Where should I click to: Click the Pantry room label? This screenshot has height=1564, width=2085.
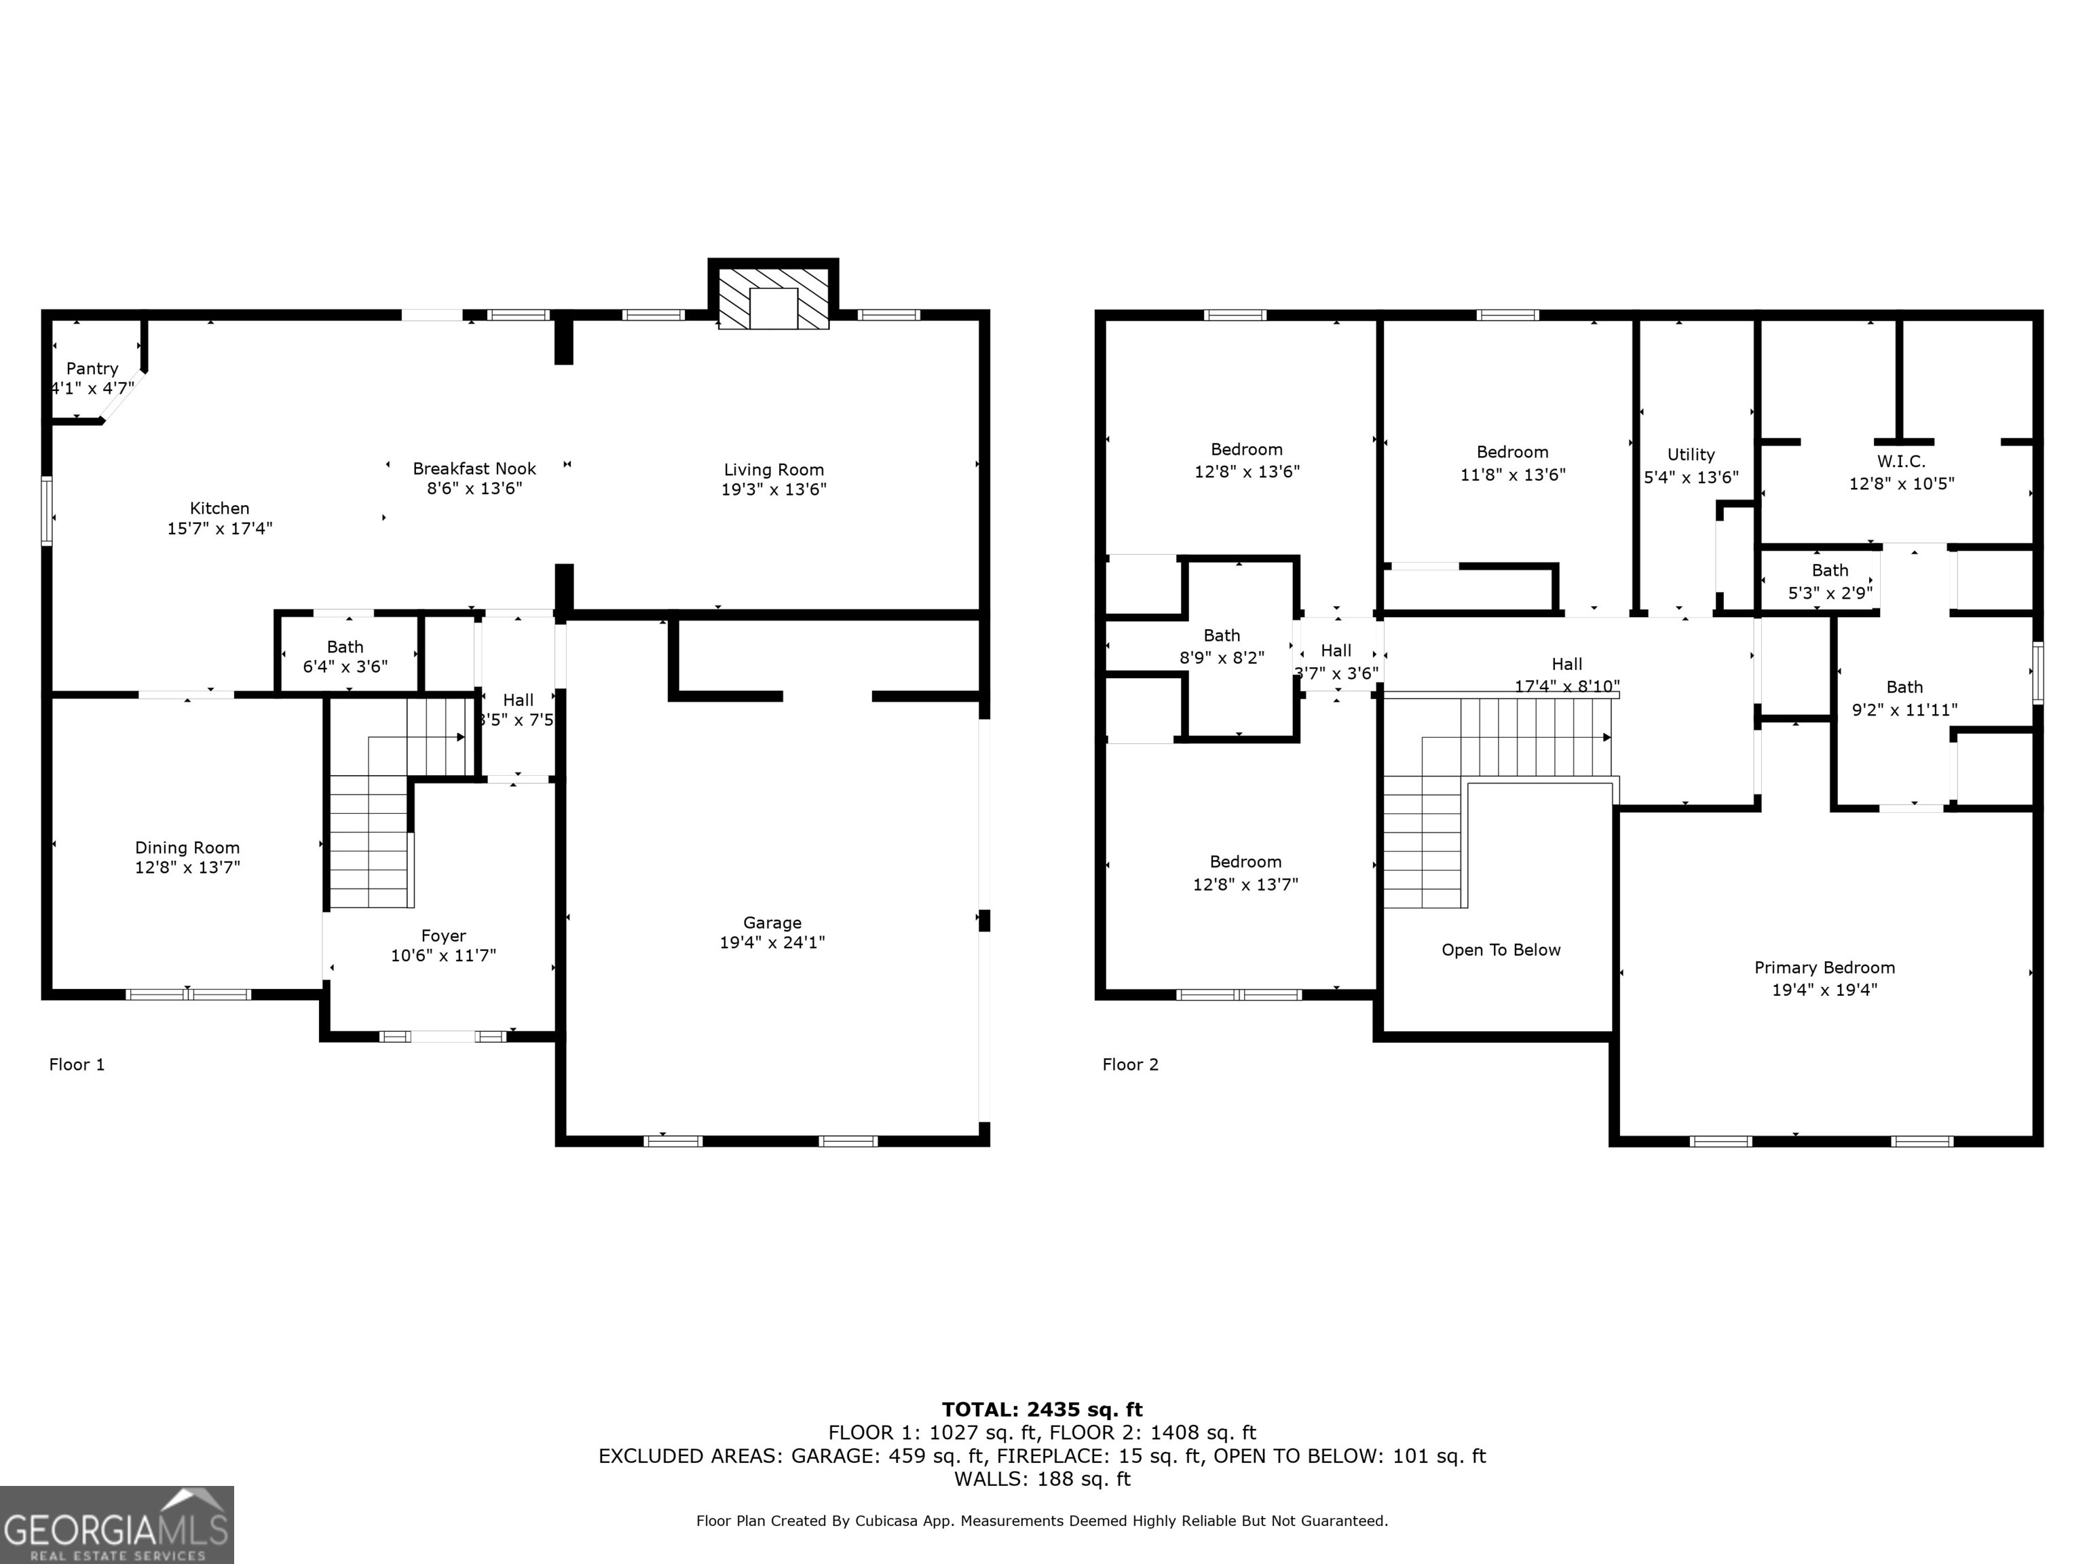pyautogui.click(x=92, y=369)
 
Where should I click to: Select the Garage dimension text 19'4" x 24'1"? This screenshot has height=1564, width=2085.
pyautogui.click(x=772, y=942)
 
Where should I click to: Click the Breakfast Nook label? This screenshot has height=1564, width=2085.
pyautogui.click(x=474, y=468)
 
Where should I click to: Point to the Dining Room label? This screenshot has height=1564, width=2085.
pyautogui.click(x=187, y=848)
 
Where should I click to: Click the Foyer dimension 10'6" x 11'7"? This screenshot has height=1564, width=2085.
pyautogui.click(x=443, y=955)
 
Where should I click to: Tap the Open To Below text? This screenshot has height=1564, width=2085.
pyautogui.click(x=1501, y=950)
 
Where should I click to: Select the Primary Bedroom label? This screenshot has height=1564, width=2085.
pyautogui.click(x=1824, y=967)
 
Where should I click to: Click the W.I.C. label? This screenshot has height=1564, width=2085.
pyautogui.click(x=1900, y=461)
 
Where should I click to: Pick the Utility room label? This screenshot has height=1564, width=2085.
pyautogui.click(x=1690, y=454)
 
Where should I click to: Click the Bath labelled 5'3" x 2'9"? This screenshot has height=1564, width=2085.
pyautogui.click(x=1830, y=582)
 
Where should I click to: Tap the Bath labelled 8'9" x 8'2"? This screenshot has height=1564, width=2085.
pyautogui.click(x=1222, y=646)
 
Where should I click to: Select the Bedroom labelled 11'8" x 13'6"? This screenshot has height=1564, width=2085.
pyautogui.click(x=1512, y=463)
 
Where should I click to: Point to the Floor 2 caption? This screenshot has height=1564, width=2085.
pyautogui.click(x=1130, y=1064)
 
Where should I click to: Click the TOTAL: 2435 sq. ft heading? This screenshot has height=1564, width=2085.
pyautogui.click(x=1042, y=1409)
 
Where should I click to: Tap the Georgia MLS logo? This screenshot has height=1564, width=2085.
pyautogui.click(x=116, y=1525)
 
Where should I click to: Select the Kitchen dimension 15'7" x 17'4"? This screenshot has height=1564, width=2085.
pyautogui.click(x=220, y=528)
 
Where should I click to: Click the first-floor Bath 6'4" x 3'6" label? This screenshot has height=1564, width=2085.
pyautogui.click(x=345, y=656)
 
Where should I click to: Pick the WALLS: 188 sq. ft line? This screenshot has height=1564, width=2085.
pyautogui.click(x=1042, y=1478)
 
